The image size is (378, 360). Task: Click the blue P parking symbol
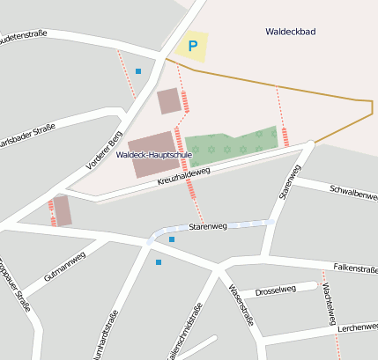point(192,46)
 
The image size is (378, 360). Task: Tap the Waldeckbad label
point(291,32)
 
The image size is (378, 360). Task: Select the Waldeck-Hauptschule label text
point(154,155)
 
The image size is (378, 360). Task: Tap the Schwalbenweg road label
point(352,193)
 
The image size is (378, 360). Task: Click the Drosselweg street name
point(275,290)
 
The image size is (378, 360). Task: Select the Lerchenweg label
point(357,327)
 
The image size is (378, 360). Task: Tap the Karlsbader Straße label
point(26,140)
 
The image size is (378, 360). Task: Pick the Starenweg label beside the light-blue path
point(208,226)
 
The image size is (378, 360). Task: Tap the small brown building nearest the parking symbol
point(168,101)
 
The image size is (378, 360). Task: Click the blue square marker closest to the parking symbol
point(137,70)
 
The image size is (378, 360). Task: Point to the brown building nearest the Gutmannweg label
point(63,210)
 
